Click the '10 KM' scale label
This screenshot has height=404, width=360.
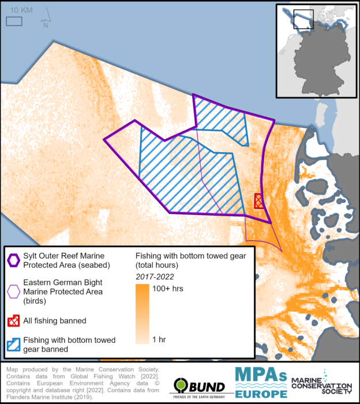tap(21, 10)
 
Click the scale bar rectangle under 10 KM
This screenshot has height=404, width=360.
tap(14, 21)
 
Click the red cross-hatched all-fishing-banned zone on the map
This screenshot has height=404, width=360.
tap(259, 200)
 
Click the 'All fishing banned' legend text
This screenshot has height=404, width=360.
tap(55, 320)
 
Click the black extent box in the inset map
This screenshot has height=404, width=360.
tap(303, 20)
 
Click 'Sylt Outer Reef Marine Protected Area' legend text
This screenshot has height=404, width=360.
tap(64, 259)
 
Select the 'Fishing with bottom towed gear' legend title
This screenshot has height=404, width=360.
tap(190, 259)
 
